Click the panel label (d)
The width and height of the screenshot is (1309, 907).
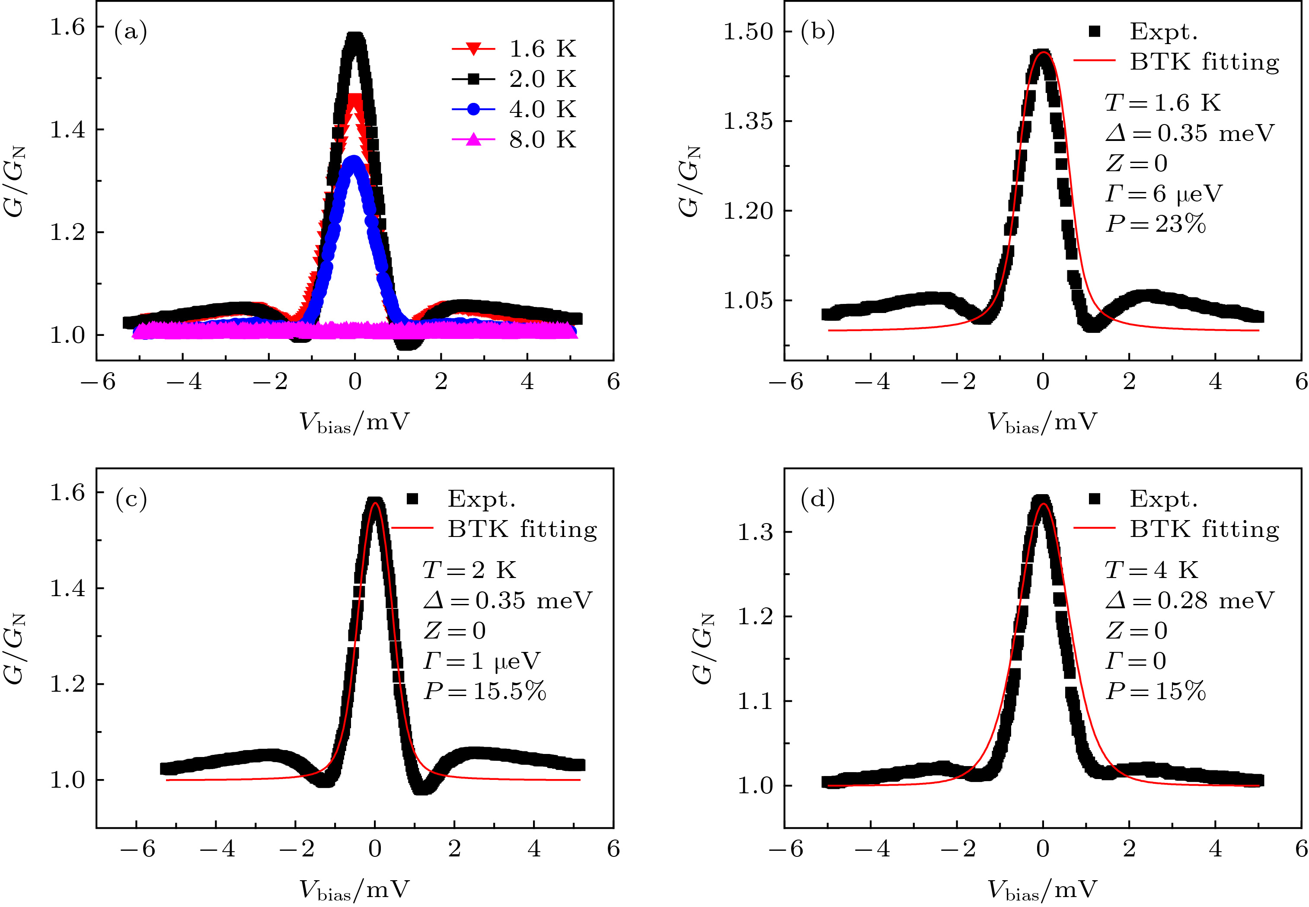817,498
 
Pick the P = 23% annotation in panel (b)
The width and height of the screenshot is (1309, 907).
1156,224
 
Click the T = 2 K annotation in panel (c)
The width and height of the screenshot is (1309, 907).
469,570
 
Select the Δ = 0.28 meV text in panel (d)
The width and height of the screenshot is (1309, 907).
1190,600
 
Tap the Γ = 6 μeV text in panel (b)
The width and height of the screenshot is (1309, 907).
1164,194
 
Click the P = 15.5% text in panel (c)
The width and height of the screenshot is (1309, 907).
485,691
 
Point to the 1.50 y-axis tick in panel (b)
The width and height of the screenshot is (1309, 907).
748,31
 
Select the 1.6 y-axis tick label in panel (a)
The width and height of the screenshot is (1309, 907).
67,27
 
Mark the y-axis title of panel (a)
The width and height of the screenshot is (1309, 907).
15,182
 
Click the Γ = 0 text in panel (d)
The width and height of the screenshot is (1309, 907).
1136,661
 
